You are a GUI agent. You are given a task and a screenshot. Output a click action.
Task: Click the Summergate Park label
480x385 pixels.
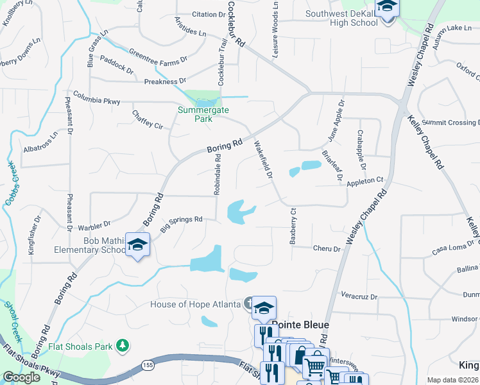pyautogui.click(x=203, y=114)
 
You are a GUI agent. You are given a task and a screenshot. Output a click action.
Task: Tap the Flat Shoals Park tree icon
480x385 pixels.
pyautogui.click(x=122, y=346)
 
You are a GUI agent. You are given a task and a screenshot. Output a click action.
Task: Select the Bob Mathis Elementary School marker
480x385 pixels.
pyautogui.click(x=137, y=246)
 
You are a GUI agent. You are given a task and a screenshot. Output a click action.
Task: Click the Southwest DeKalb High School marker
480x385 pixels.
pyautogui.click(x=387, y=8)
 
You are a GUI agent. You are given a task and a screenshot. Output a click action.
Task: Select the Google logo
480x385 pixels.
pyautogui.click(x=21, y=377)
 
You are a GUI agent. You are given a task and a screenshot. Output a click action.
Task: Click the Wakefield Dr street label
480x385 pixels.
pyautogui.click(x=264, y=160)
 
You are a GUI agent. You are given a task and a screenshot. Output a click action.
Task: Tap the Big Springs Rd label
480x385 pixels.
pyautogui.click(x=181, y=223)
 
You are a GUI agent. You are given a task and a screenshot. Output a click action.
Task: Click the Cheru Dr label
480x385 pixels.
pyautogui.click(x=326, y=248)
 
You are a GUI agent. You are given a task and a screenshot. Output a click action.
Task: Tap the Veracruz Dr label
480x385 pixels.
pyautogui.click(x=359, y=297)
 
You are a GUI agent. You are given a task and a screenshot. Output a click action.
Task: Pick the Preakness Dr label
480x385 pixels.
pyautogui.click(x=165, y=81)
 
